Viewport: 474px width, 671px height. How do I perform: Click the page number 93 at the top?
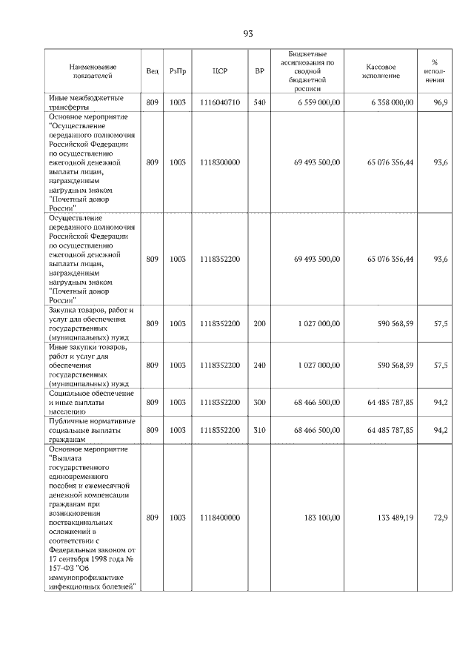(247, 33)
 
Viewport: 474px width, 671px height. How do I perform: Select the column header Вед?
(152, 71)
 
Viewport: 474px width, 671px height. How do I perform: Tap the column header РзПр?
(178, 71)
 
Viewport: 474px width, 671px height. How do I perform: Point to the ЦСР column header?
(219, 71)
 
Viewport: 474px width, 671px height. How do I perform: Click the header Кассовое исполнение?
(381, 71)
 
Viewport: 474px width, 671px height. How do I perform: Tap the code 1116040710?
(219, 102)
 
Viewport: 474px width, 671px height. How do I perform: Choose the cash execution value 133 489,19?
(390, 518)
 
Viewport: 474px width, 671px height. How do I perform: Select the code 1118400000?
(219, 518)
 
